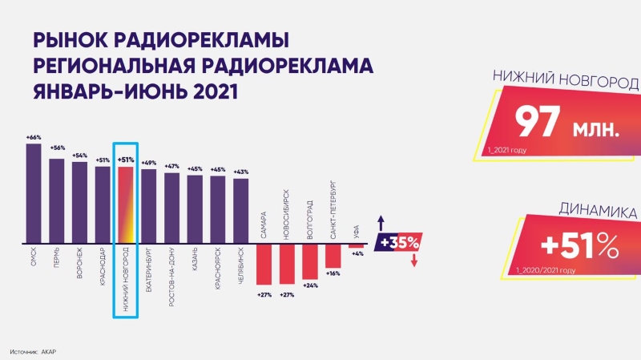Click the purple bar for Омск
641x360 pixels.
coord(34,193)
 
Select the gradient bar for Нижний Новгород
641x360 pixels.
coord(126,205)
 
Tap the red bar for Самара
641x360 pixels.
coord(264,265)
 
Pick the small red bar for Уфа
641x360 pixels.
coord(356,246)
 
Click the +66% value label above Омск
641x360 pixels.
coord(34,138)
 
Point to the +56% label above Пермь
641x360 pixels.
coord(57,148)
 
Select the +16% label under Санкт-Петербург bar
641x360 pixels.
coord(333,273)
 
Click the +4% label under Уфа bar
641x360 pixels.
coord(357,253)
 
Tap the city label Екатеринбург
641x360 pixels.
coord(149,269)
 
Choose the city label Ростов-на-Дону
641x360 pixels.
coord(171,277)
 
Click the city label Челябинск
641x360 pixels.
coord(241,265)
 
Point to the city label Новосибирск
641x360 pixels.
coord(286,214)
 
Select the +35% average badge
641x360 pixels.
coord(398,242)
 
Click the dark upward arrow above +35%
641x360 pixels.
coord(381,223)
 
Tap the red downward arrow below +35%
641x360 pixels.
coord(414,261)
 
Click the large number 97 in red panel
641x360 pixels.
coord(537,122)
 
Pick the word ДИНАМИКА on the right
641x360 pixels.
coord(598,210)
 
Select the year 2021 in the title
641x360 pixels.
coord(216,92)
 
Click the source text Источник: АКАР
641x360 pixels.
coord(33,352)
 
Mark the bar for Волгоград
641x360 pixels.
coord(310,262)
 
